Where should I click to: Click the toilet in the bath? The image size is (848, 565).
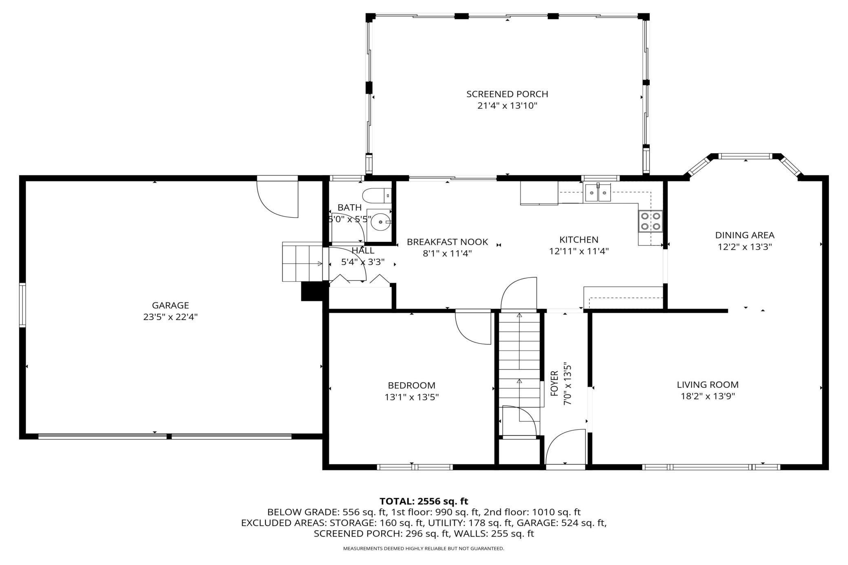377,196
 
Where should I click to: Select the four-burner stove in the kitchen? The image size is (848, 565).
650,221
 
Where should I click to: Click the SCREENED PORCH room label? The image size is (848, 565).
507,94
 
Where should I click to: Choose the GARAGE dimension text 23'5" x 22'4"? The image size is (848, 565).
170,317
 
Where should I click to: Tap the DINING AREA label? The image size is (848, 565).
745,235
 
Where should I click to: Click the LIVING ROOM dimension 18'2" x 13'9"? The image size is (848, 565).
708,396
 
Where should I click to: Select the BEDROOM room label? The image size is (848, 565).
411,385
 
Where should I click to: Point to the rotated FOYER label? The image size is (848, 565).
554,384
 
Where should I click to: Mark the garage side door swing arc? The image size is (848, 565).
278,200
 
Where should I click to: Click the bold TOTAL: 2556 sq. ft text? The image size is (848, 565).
424,501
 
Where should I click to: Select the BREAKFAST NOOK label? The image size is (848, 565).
447,242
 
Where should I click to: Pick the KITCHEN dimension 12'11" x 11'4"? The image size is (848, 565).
579,251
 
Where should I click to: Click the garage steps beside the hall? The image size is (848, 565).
303,261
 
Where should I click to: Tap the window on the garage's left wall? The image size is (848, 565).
22,305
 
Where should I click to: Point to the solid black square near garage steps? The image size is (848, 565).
312,291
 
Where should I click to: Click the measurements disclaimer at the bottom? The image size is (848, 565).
424,549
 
